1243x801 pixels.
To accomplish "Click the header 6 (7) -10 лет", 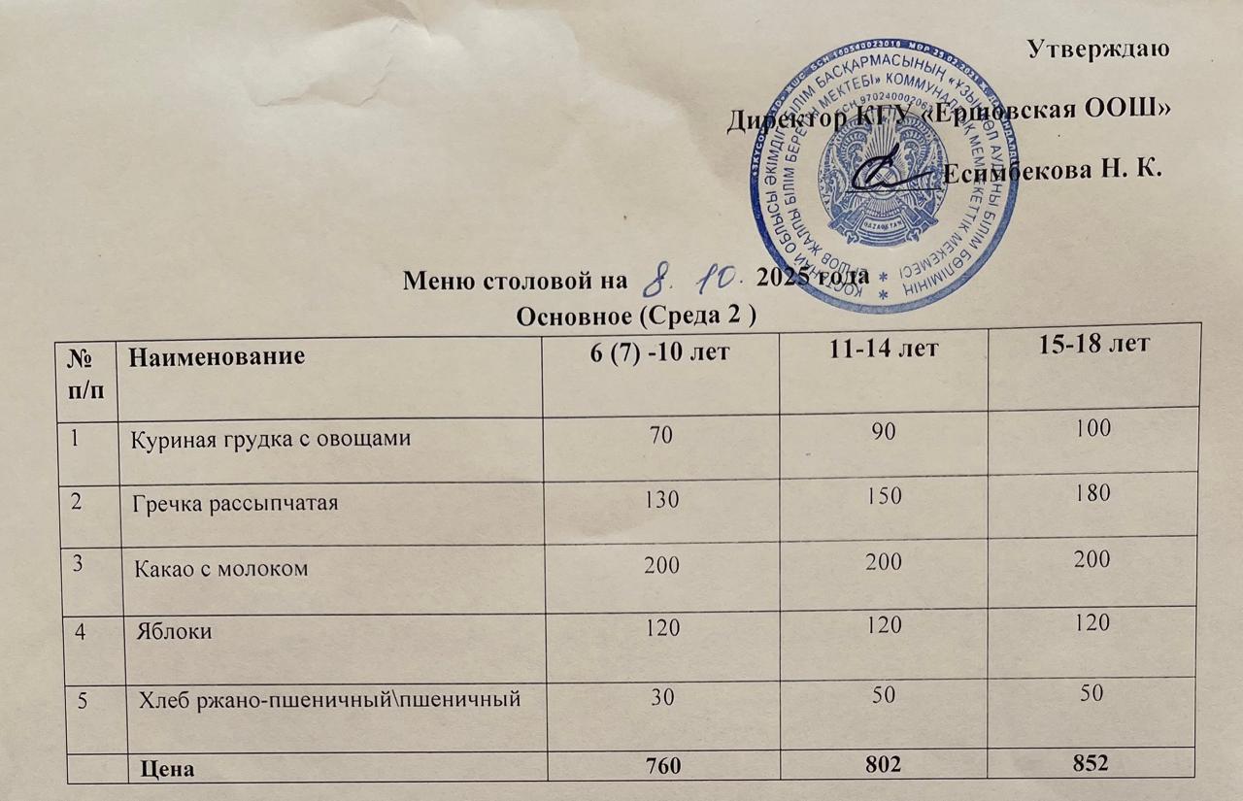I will point(660,354).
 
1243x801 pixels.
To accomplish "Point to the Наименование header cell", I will point(218,357).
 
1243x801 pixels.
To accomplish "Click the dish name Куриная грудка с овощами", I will point(271,438).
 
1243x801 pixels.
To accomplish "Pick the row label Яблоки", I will point(176,631).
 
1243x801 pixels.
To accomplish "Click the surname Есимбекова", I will point(1024,174).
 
